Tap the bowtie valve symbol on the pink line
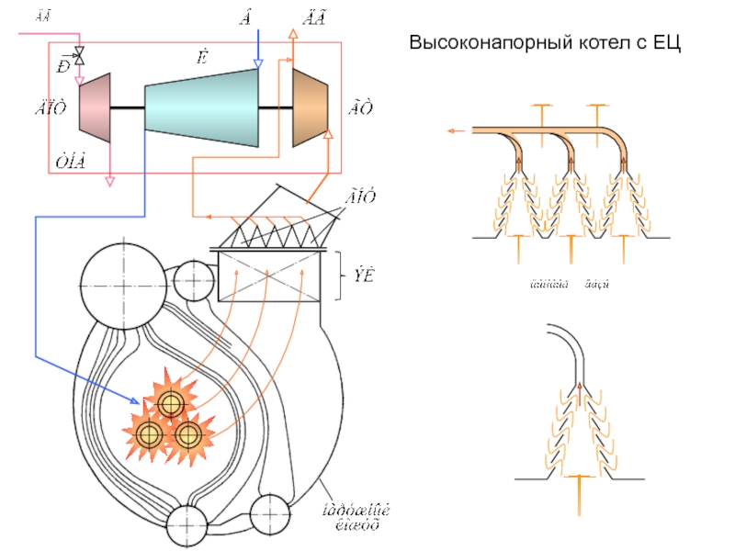(79, 56)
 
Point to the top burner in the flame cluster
(170, 403)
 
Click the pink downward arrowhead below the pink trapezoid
(110, 181)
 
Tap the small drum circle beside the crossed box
(194, 280)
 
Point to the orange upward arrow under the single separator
(578, 494)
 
